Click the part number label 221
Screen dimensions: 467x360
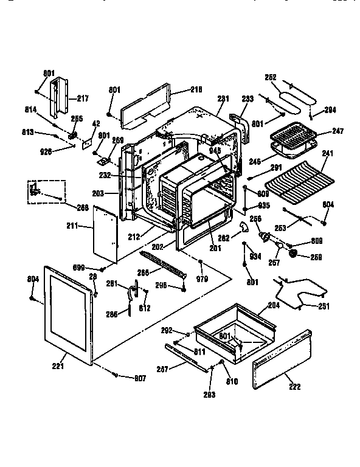point(59,366)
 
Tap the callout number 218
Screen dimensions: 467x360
point(196,89)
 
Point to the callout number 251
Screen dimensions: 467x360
point(324,306)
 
